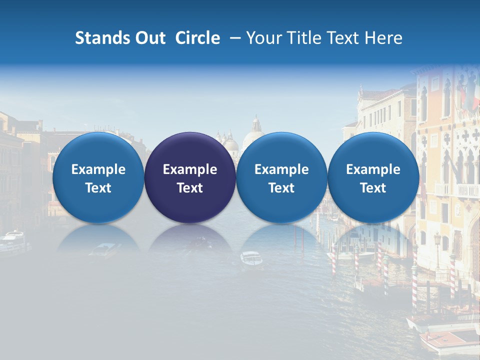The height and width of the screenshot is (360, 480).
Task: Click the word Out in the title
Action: tap(149, 38)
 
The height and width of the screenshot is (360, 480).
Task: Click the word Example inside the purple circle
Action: tap(190, 169)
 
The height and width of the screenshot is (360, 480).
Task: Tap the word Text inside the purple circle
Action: tap(190, 188)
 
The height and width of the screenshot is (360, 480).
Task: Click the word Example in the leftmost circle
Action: tap(98, 169)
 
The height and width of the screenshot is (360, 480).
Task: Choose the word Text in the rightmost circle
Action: tap(373, 188)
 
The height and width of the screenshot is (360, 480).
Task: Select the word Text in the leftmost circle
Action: tap(98, 188)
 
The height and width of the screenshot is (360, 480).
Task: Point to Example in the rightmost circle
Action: tap(373, 169)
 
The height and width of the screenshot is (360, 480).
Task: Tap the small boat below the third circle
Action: tap(251, 259)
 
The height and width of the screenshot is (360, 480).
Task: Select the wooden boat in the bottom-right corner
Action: tap(447, 341)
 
